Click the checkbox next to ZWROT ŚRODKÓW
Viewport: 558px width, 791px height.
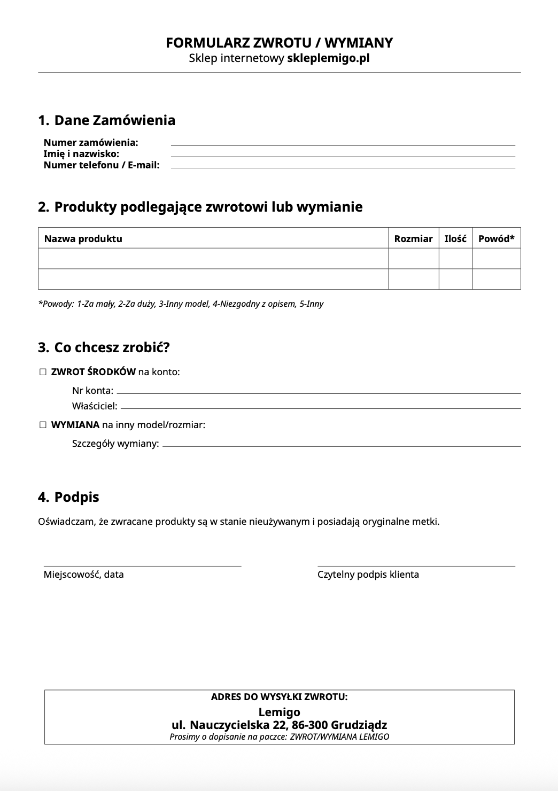[x=43, y=372]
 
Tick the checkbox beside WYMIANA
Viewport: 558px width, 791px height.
[x=43, y=425]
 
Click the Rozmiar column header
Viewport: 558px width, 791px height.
[x=413, y=239]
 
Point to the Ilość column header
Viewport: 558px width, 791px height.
[x=455, y=239]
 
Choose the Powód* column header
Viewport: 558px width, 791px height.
[x=496, y=239]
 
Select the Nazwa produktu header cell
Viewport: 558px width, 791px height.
[x=83, y=239]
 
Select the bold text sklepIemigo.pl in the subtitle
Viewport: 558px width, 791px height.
[x=328, y=58]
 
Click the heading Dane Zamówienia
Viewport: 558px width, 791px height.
[x=114, y=120]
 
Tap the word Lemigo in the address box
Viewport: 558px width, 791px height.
[x=279, y=712]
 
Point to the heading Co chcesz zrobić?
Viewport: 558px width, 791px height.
[x=112, y=348]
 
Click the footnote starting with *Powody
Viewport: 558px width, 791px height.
[x=181, y=304]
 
